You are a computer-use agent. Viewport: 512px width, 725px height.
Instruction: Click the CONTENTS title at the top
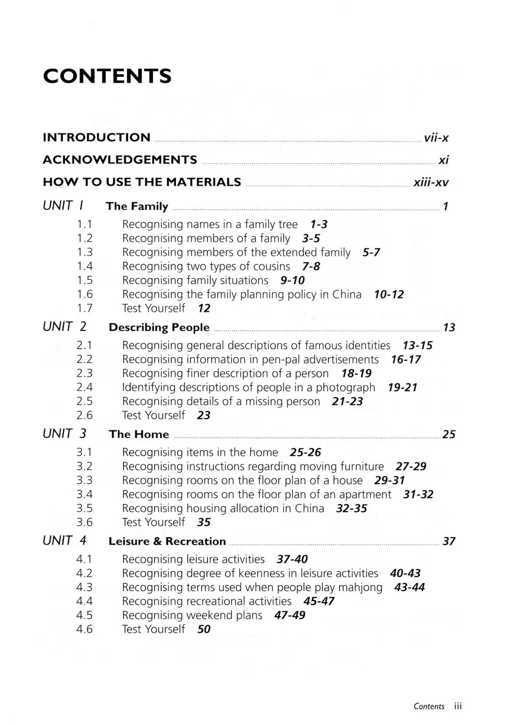pyautogui.click(x=107, y=76)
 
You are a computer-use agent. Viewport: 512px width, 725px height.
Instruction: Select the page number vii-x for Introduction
pyautogui.click(x=436, y=138)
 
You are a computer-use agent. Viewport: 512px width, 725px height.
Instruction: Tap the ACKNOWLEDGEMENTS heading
pyautogui.click(x=120, y=160)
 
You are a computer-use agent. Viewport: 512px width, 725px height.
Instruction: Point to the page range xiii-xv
pyautogui.click(x=431, y=183)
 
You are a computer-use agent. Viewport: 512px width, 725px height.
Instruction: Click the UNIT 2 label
pyautogui.click(x=65, y=326)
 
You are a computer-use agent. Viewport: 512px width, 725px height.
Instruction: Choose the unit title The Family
pyautogui.click(x=137, y=206)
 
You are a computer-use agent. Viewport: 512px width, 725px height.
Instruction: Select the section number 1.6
pyautogui.click(x=85, y=294)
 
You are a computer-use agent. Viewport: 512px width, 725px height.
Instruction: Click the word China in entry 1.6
pyautogui.click(x=347, y=294)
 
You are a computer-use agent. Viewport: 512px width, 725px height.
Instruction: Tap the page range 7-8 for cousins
pyautogui.click(x=311, y=266)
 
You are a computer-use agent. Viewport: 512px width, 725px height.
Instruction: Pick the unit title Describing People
pyautogui.click(x=159, y=327)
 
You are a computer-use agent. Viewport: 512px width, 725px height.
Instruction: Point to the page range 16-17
pyautogui.click(x=405, y=359)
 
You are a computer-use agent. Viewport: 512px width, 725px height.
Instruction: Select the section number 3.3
pyautogui.click(x=84, y=480)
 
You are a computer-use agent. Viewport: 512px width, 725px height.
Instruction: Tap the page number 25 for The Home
pyautogui.click(x=449, y=435)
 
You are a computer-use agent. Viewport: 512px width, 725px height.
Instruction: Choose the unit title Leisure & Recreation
pyautogui.click(x=167, y=541)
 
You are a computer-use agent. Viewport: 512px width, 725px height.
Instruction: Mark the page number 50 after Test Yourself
pyautogui.click(x=204, y=629)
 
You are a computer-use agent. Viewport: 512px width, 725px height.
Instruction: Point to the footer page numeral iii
pyautogui.click(x=458, y=706)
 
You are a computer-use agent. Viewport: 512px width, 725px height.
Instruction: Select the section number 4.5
pyautogui.click(x=84, y=615)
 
